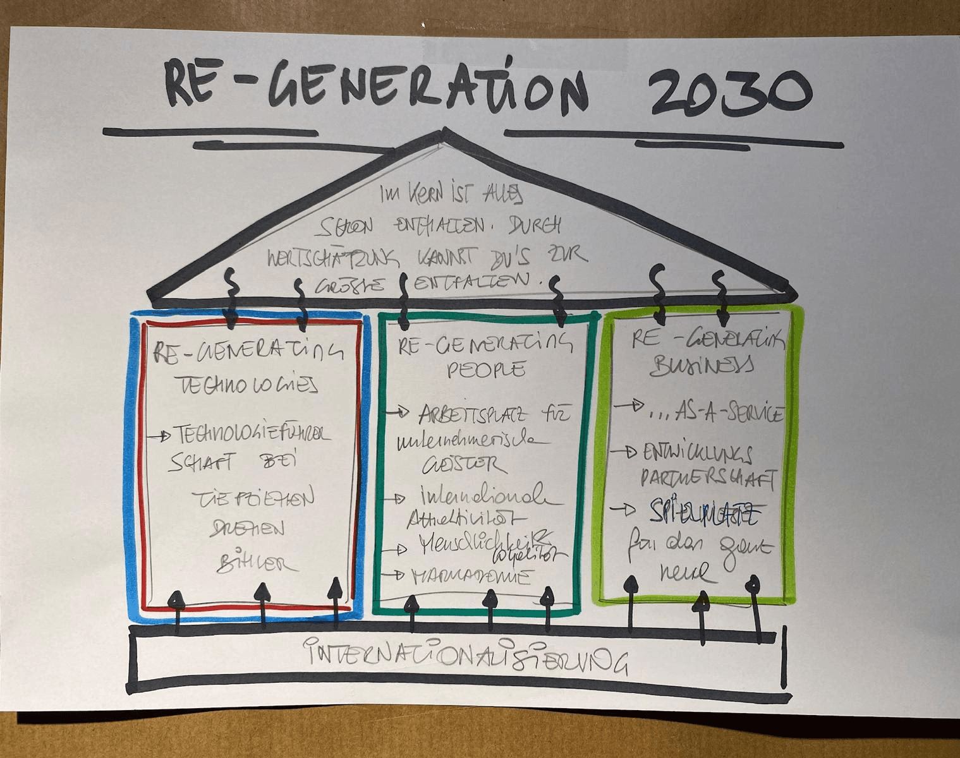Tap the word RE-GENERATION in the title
pos(377,88)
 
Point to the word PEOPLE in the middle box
pos(486,369)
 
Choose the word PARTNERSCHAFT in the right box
pos(708,478)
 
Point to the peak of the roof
pos(446,131)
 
